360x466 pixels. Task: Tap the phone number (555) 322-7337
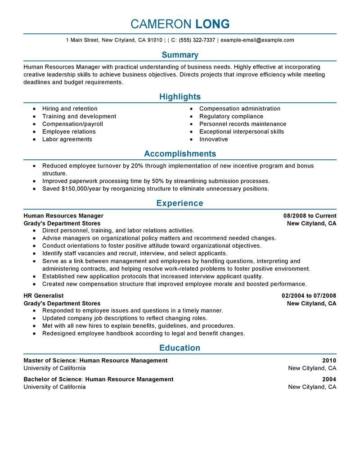click(x=197, y=40)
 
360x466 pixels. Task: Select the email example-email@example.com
click(x=257, y=40)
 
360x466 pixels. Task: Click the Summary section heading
click(x=180, y=55)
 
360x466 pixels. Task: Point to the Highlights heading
click(x=180, y=97)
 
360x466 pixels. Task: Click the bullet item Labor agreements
click(x=67, y=139)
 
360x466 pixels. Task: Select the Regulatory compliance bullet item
click(x=231, y=116)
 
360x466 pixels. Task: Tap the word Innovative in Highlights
click(x=213, y=139)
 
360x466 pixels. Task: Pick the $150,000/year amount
click(x=79, y=189)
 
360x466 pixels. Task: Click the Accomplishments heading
click(x=180, y=154)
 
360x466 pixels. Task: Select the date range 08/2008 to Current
click(x=310, y=216)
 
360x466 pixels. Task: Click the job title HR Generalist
click(x=43, y=296)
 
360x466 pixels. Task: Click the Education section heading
click(x=180, y=348)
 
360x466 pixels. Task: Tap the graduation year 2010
click(x=329, y=361)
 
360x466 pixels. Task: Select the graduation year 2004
click(x=329, y=380)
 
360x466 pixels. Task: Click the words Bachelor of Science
click(x=52, y=380)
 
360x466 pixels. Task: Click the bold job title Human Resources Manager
click(x=63, y=216)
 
